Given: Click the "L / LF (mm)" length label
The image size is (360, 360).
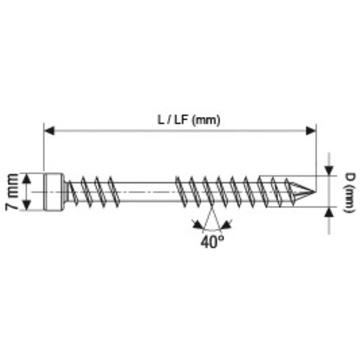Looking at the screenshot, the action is point(189,120).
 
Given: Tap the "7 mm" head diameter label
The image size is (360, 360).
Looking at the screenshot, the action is point(12,192).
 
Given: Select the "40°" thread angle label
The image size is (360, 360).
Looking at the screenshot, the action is point(212,242).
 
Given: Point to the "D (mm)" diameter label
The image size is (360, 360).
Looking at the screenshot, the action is point(349,193).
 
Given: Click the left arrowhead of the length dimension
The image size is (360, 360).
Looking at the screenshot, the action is point(49,131).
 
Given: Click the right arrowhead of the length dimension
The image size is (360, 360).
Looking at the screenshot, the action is point(311,131).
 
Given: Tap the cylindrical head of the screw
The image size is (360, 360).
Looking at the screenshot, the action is point(54,192).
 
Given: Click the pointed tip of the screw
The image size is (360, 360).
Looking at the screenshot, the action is point(315,191).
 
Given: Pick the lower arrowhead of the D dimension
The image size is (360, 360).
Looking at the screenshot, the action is point(329,212).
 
